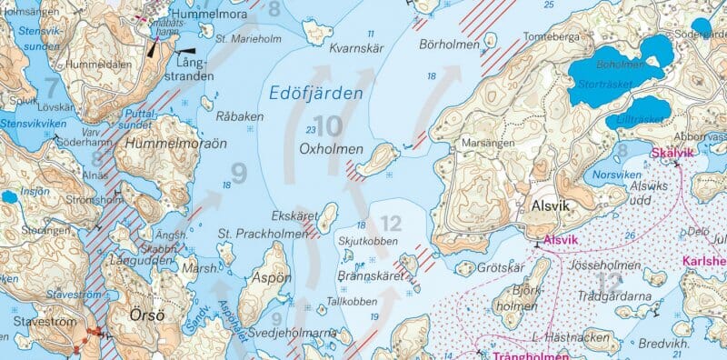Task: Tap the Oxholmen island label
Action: (x=331, y=149)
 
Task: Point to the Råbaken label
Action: (x=240, y=116)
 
